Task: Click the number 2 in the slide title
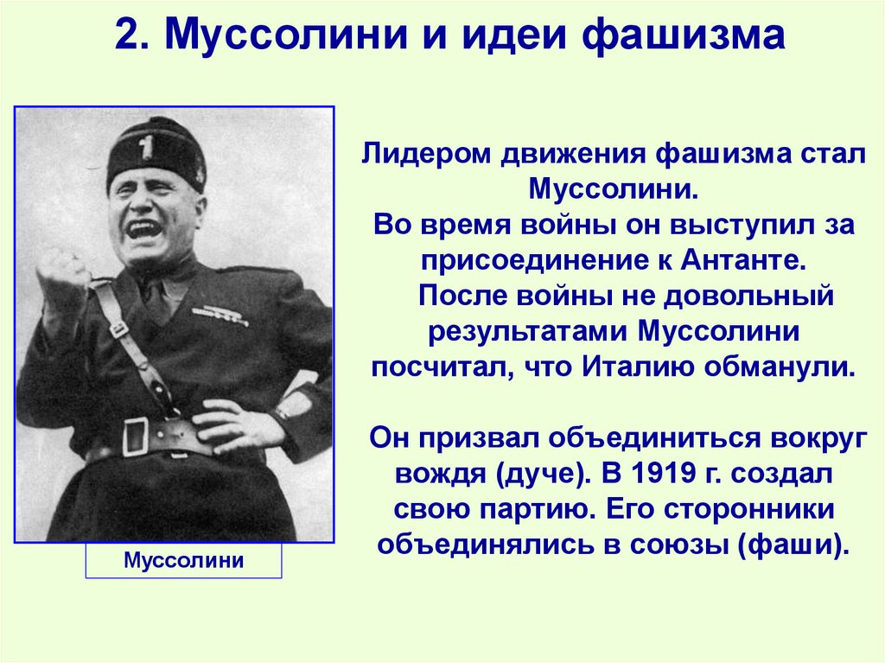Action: [126, 38]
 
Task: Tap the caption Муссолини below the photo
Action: [183, 560]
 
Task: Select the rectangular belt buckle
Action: [136, 436]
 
